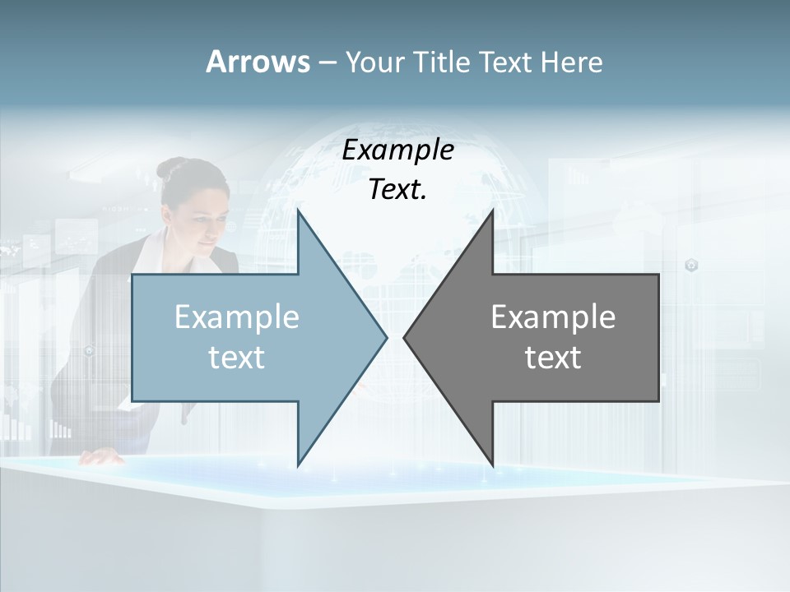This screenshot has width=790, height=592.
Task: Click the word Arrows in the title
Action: pyautogui.click(x=258, y=62)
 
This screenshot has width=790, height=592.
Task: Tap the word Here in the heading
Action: pyautogui.click(x=571, y=62)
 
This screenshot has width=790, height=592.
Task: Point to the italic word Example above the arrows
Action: pyautogui.click(x=398, y=150)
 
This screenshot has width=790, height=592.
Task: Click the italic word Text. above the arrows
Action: pyautogui.click(x=398, y=190)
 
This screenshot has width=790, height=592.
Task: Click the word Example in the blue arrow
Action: pyautogui.click(x=237, y=317)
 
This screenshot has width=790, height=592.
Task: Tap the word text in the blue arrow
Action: pyautogui.click(x=237, y=358)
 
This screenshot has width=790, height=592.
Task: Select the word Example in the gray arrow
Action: pyautogui.click(x=553, y=317)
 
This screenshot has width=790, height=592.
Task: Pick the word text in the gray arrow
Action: pyautogui.click(x=553, y=358)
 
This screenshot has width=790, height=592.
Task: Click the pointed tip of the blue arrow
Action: pyautogui.click(x=386, y=337)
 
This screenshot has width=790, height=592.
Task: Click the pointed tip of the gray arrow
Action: pyautogui.click(x=404, y=337)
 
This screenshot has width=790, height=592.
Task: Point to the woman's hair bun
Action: pyautogui.click(x=170, y=169)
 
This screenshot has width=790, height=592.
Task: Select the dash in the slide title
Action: pyautogui.click(x=327, y=62)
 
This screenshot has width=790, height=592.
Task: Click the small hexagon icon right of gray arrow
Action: pyautogui.click(x=692, y=265)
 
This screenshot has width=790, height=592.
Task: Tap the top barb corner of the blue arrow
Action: pyautogui.click(x=298, y=210)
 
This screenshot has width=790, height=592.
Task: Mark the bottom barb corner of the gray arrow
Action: pyautogui.click(x=492, y=465)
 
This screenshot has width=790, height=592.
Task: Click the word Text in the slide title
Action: pyautogui.click(x=505, y=62)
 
